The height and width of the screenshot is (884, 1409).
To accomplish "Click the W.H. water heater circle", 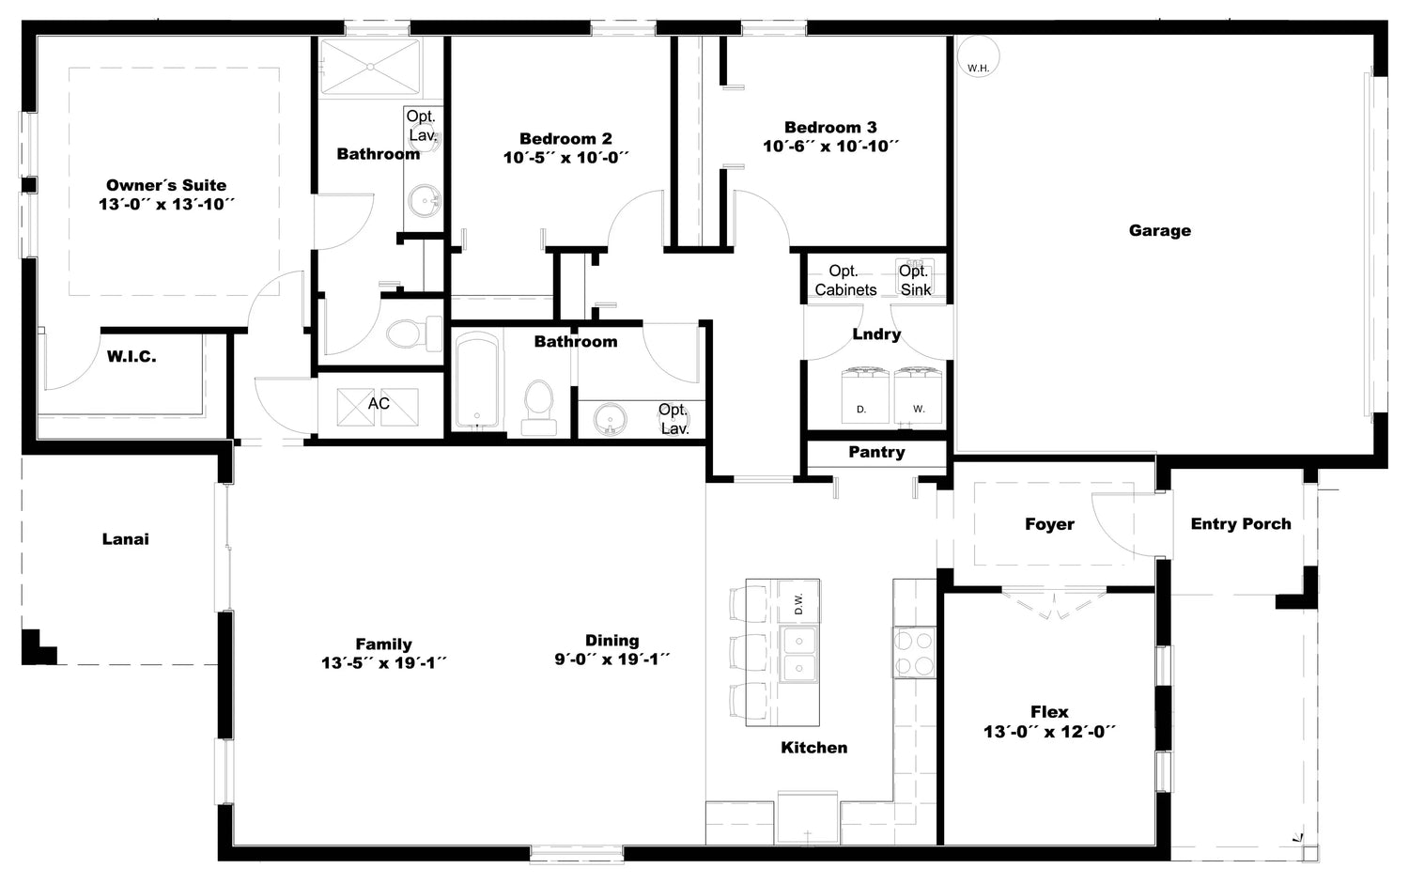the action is (x=978, y=56).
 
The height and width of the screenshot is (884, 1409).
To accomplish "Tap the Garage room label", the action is (x=1159, y=230).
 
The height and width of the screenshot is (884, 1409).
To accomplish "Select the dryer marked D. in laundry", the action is (x=865, y=395).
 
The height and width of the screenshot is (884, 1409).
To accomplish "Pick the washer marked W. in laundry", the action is (x=919, y=395).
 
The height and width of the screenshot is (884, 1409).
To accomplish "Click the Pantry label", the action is (x=876, y=452).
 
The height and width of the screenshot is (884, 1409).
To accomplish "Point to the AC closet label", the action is (x=379, y=403).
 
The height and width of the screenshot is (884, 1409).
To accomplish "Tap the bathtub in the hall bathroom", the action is (x=477, y=380).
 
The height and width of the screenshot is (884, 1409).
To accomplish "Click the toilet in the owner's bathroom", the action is (x=413, y=333).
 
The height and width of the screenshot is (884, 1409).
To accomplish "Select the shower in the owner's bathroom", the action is (x=370, y=67).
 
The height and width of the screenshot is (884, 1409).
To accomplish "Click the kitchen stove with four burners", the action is (x=915, y=652).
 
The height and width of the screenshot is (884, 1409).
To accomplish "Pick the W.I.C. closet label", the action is (x=132, y=357).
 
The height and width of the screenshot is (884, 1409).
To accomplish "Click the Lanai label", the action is (x=125, y=539).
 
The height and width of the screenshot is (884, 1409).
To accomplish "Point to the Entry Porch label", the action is (x=1241, y=524).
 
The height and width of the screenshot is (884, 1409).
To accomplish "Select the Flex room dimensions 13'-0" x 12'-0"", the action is (x=1049, y=732).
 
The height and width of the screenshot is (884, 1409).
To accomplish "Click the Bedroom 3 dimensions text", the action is (x=830, y=147).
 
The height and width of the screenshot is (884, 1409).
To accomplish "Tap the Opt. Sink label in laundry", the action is (x=915, y=280).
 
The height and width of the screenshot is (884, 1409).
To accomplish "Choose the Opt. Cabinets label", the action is (x=845, y=280).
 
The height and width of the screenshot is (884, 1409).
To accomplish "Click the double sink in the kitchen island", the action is (x=798, y=655).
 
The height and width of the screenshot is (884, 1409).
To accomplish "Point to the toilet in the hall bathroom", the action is (x=539, y=407).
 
